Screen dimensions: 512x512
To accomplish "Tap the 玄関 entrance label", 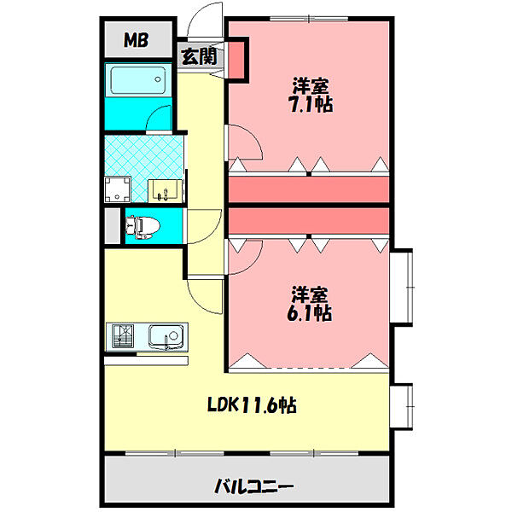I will click(199, 57).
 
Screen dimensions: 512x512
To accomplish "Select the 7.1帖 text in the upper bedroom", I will click(311, 96).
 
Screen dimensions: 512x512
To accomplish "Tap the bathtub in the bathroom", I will click(137, 83).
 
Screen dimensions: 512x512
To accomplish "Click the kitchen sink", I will click(165, 336).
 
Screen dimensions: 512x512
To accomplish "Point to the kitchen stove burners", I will click(121, 336).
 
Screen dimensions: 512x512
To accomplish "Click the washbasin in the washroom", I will click(163, 190).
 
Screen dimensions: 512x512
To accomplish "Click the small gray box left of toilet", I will click(113, 226).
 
